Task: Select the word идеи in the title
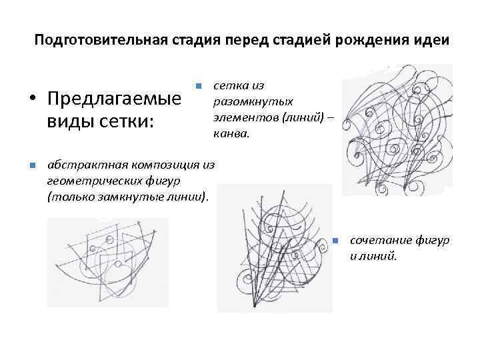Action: click(434, 40)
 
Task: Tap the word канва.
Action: click(231, 133)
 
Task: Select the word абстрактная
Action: click(84, 165)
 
